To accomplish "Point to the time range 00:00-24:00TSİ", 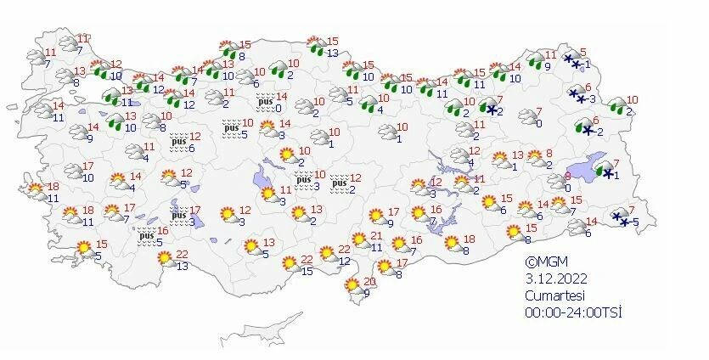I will pos(573,312).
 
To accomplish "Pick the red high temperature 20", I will pos(369,282).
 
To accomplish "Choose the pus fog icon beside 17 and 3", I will pos(178,215).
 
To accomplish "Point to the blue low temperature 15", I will pos(307,271).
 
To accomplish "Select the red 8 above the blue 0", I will pos(567,176).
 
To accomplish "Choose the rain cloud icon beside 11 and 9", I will pos(535,60).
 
